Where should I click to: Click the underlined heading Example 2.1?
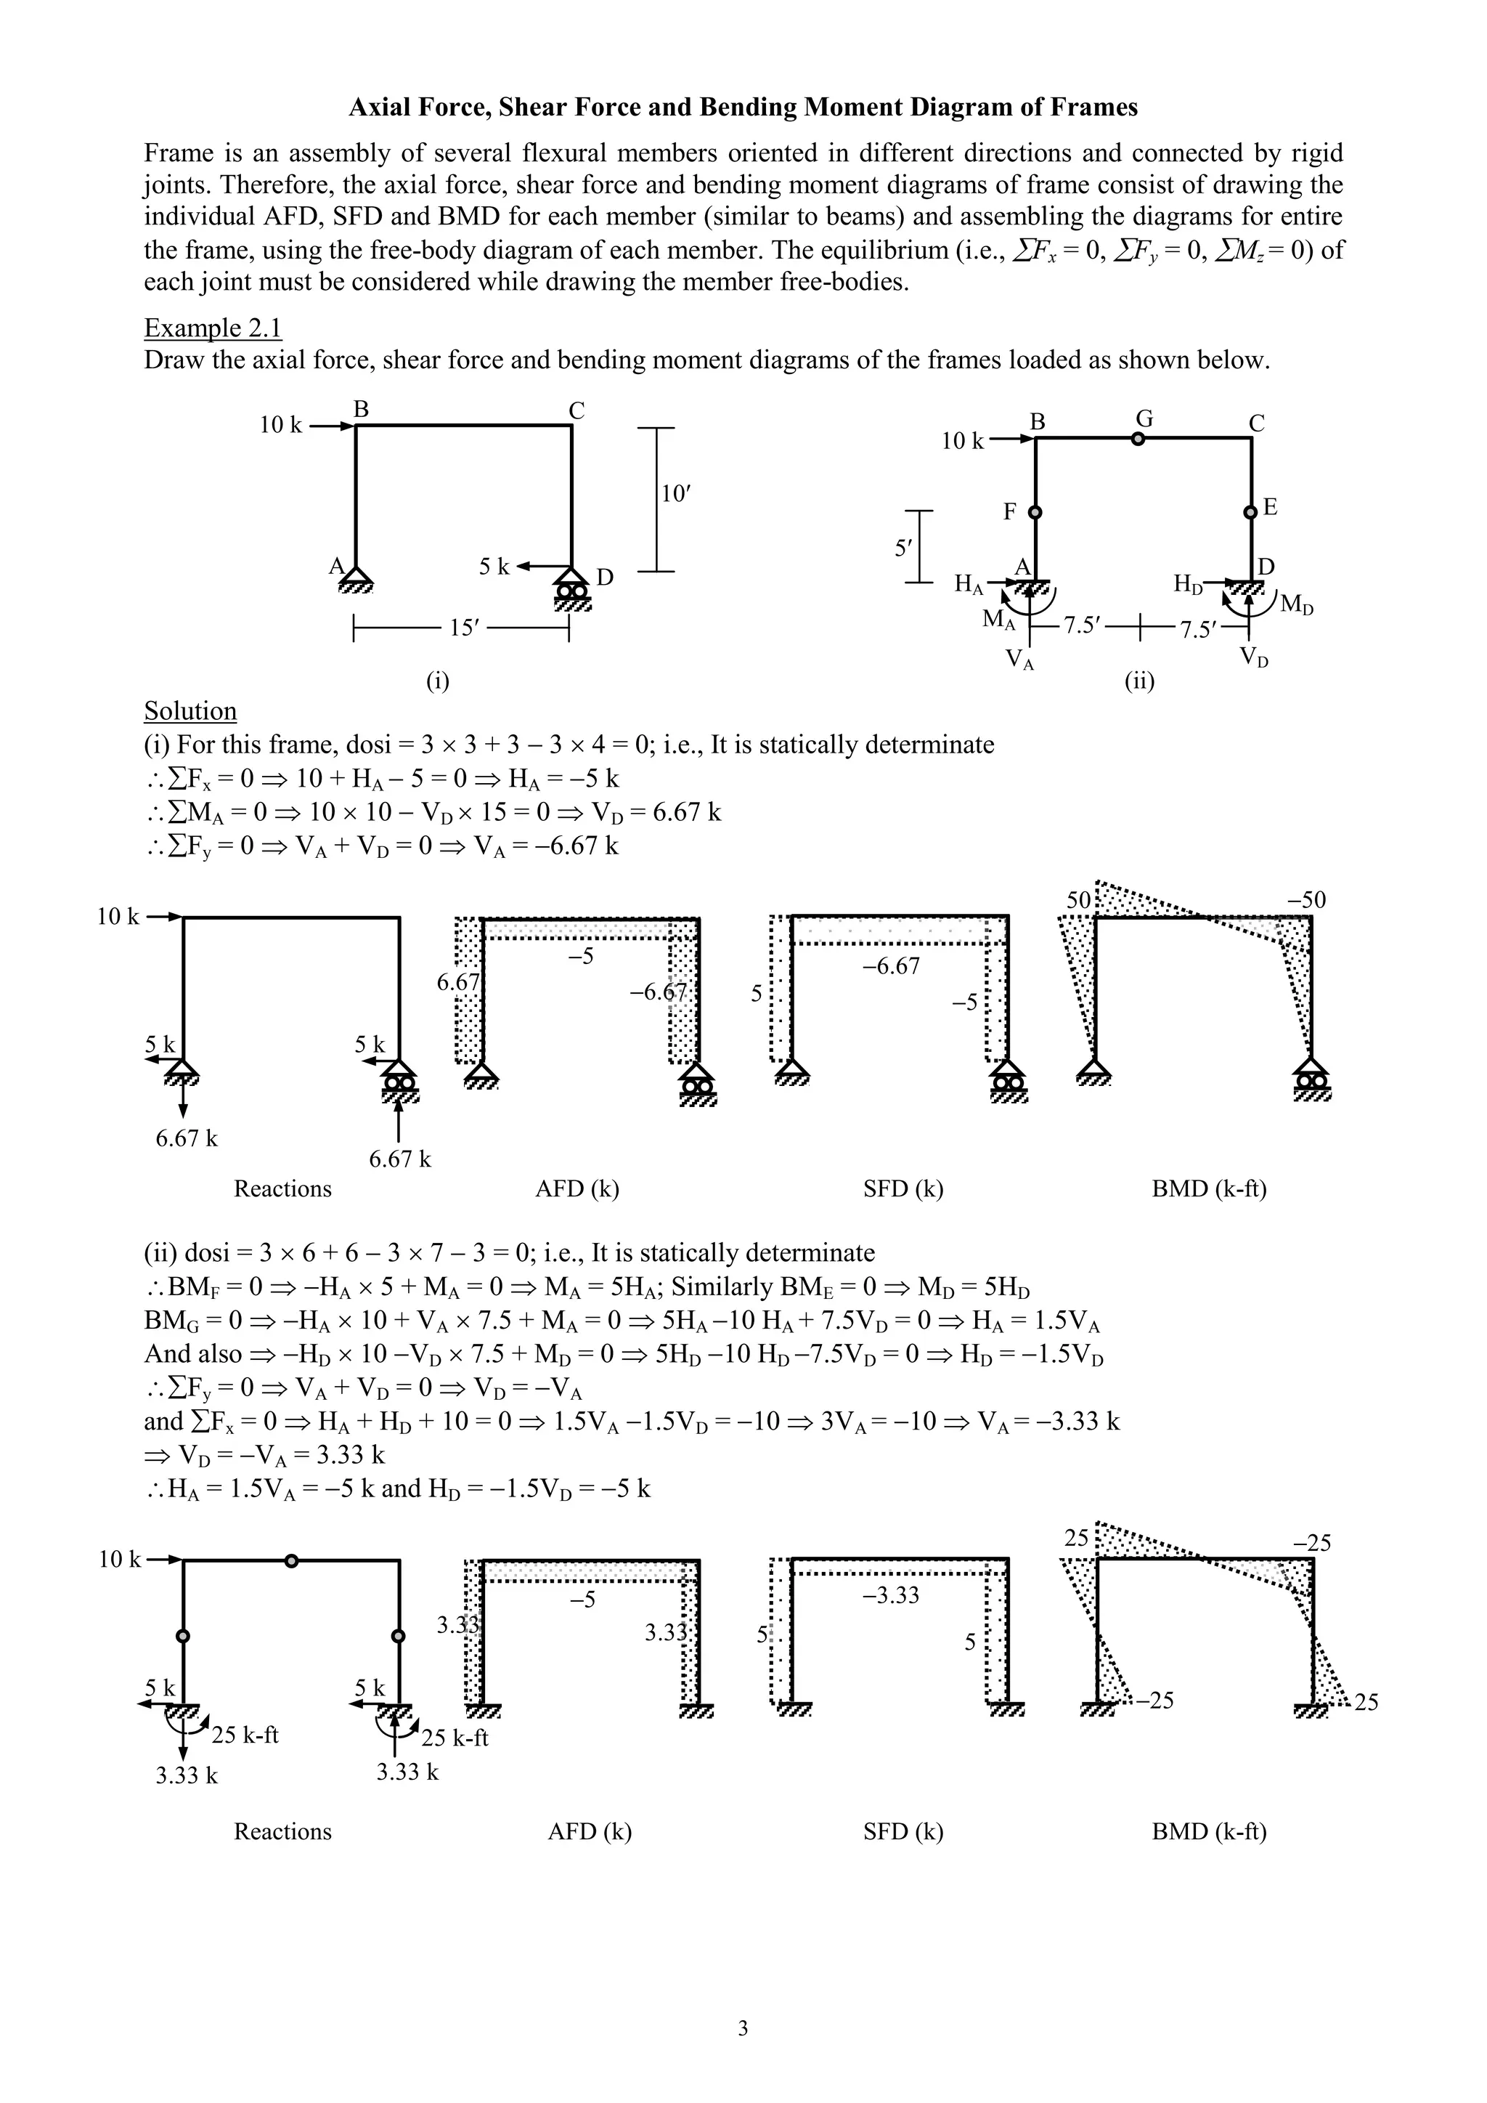coord(213,328)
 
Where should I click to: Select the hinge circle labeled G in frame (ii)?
coord(1137,439)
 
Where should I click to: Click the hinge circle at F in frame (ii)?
coord(1035,513)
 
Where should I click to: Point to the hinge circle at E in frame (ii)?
coord(1251,512)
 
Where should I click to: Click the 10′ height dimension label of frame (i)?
coord(676,495)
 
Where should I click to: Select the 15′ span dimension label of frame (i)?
coord(465,628)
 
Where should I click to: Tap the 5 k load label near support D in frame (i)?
coord(494,567)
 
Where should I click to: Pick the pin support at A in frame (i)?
coord(355,578)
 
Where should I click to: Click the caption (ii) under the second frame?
coord(1139,681)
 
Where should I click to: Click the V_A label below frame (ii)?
coord(1019,659)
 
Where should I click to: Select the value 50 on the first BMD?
coord(1079,899)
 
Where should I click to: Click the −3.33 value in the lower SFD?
coord(890,1595)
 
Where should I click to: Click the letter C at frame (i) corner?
coord(576,411)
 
